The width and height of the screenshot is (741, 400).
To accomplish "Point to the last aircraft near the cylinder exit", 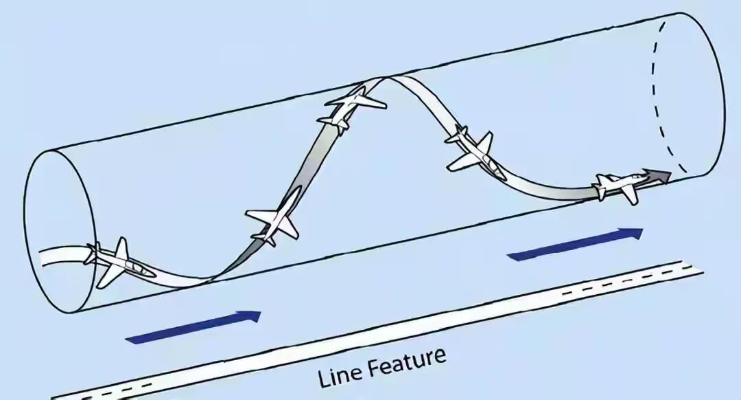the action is tap(621, 186).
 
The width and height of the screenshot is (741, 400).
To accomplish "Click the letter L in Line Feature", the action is tap(323, 378).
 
